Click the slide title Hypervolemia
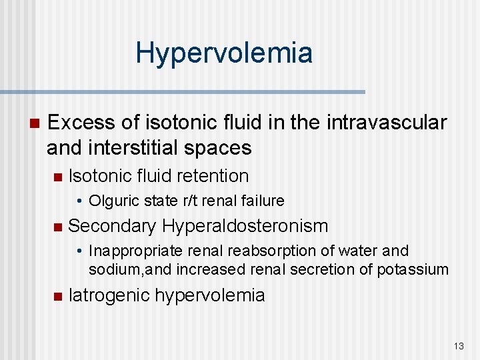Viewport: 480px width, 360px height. (223, 53)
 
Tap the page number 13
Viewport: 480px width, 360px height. (458, 346)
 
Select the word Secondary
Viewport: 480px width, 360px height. (112, 226)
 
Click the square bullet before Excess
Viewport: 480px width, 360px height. (33, 123)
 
